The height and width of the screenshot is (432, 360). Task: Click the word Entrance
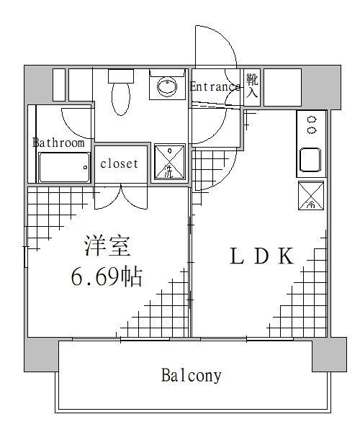(x=215, y=87)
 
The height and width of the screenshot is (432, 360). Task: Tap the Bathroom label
(x=58, y=143)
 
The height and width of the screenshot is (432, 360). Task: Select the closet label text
(x=119, y=163)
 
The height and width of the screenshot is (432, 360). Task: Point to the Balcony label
(x=191, y=375)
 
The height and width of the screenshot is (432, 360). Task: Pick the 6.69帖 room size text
(x=106, y=277)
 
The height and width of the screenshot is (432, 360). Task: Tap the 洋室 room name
(x=107, y=247)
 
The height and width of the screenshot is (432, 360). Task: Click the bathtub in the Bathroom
(x=63, y=169)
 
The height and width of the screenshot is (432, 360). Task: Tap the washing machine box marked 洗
(x=168, y=163)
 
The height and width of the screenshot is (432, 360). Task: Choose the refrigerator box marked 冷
(x=311, y=196)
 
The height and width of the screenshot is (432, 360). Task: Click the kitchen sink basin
(x=311, y=160)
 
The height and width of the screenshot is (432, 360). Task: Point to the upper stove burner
(x=312, y=120)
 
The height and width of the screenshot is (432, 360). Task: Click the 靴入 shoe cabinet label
(x=252, y=85)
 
